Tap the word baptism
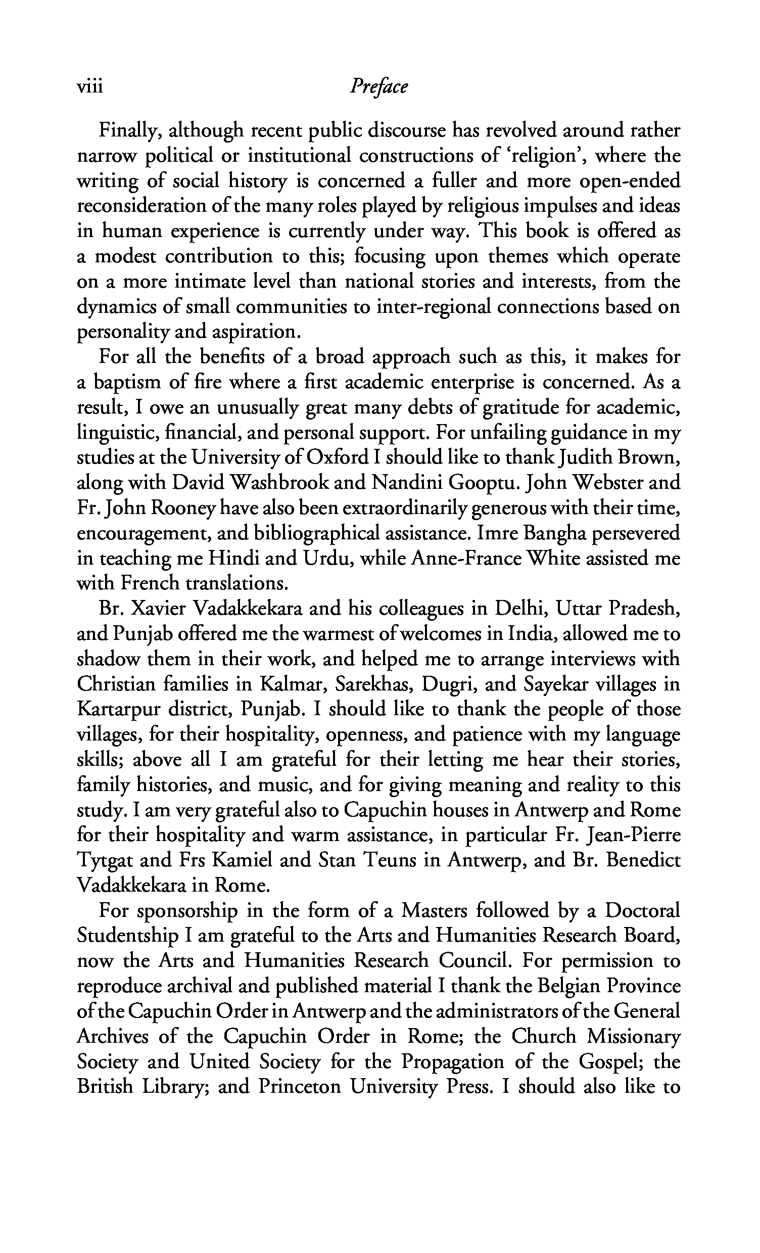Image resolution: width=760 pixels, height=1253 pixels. click(x=126, y=383)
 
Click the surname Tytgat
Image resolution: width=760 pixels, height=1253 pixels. click(x=105, y=861)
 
